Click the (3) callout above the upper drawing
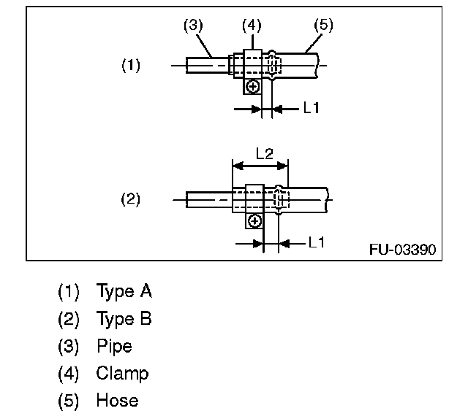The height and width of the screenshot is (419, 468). [x=192, y=26]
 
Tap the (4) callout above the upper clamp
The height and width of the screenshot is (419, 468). [x=251, y=26]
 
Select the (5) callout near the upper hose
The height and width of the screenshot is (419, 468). [x=322, y=26]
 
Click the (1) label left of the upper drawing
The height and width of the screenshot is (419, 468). [x=130, y=65]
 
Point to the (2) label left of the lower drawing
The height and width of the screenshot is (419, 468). [x=130, y=199]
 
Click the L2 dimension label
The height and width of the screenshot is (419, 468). [x=265, y=154]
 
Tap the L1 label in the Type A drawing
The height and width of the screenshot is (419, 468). [x=312, y=108]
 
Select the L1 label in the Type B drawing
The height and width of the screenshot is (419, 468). [x=316, y=242]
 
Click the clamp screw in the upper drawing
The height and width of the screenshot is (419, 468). [x=253, y=87]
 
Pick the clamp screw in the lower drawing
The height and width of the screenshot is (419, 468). [x=254, y=220]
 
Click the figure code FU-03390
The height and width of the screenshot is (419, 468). [x=402, y=250]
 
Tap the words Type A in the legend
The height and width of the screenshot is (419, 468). [x=124, y=292]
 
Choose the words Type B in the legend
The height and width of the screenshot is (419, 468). [x=124, y=319]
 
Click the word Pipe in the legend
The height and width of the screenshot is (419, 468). [x=114, y=346]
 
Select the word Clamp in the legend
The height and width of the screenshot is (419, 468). [x=122, y=373]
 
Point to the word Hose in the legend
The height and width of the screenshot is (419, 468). [x=117, y=400]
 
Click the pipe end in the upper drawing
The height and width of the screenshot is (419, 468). [x=192, y=65]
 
